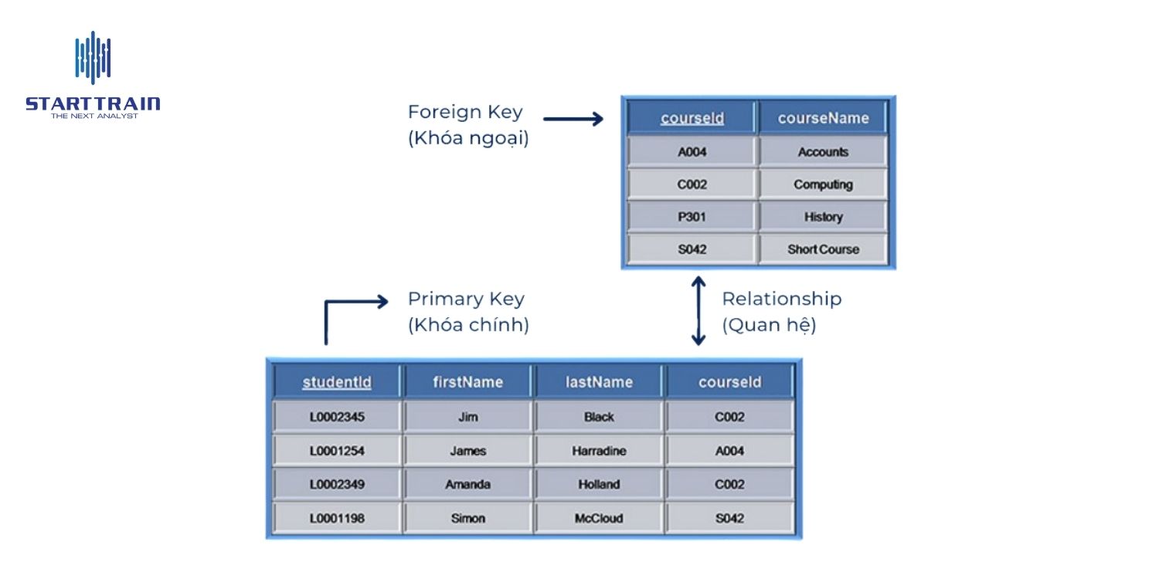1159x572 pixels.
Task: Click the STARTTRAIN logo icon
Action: click(x=93, y=58)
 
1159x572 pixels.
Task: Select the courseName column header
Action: click(x=823, y=118)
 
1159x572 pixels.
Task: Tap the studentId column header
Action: click(x=337, y=382)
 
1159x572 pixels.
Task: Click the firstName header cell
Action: click(x=468, y=382)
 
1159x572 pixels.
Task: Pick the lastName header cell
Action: click(x=599, y=382)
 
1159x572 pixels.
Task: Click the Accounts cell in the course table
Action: click(x=823, y=152)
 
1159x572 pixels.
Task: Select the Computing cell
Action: click(x=823, y=184)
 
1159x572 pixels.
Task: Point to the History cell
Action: click(x=823, y=217)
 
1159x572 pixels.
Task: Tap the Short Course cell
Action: click(x=823, y=249)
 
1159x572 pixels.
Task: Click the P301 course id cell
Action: click(x=692, y=217)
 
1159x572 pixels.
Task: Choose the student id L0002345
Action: click(x=337, y=417)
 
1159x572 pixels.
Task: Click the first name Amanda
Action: click(x=468, y=485)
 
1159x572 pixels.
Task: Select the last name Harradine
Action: click(x=599, y=451)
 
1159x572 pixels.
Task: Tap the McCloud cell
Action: click(x=599, y=518)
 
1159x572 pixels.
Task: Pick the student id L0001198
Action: click(x=337, y=518)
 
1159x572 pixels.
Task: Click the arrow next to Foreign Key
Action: click(x=573, y=119)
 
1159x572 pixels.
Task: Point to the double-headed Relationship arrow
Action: click(x=698, y=311)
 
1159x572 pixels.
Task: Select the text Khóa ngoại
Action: click(x=468, y=140)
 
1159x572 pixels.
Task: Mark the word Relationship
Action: click(x=782, y=299)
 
